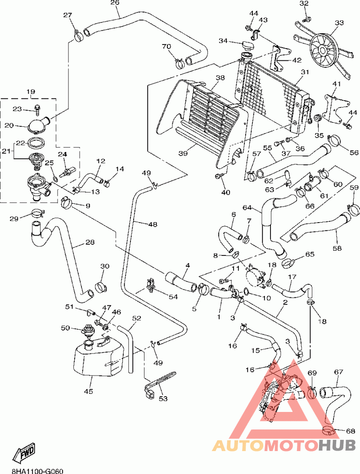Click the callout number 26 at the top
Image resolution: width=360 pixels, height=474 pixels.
[x=114, y=3]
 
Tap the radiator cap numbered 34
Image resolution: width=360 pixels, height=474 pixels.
[x=247, y=45]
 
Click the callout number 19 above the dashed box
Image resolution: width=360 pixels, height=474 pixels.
[x=31, y=92]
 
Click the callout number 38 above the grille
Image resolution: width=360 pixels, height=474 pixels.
[x=220, y=78]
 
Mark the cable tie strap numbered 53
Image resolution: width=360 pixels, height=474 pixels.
[x=161, y=379]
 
